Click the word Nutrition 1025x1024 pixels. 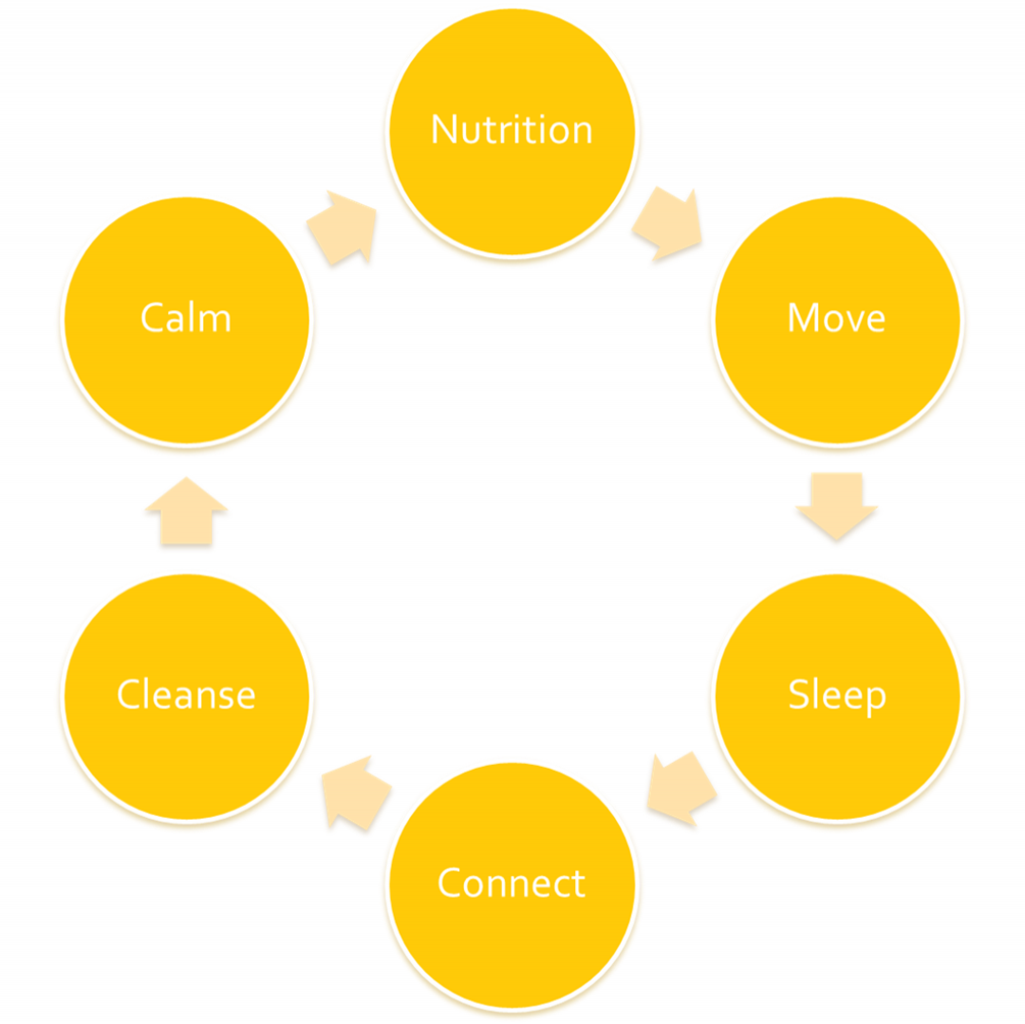[x=512, y=129]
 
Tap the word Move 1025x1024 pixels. [x=836, y=318]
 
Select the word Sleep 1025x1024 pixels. [x=836, y=696]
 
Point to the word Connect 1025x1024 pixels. [x=512, y=884]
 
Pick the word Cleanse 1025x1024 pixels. [x=186, y=696]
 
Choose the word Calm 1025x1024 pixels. [x=186, y=318]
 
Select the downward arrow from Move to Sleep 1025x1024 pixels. [x=836, y=504]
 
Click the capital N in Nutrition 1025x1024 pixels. [x=442, y=129]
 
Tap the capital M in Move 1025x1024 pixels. [x=802, y=318]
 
